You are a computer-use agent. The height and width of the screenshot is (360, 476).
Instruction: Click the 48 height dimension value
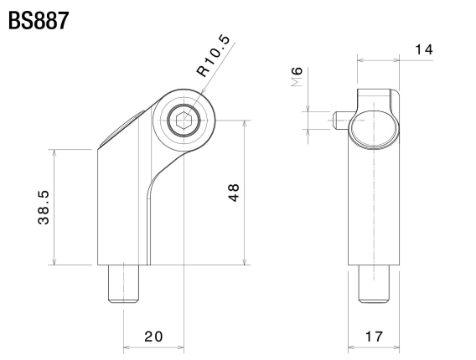point(234,192)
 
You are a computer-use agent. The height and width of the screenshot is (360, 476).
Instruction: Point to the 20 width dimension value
point(153,337)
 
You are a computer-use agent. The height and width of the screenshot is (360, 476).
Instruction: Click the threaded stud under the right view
point(374,285)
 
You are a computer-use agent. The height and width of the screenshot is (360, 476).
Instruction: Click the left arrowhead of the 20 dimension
point(127,344)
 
